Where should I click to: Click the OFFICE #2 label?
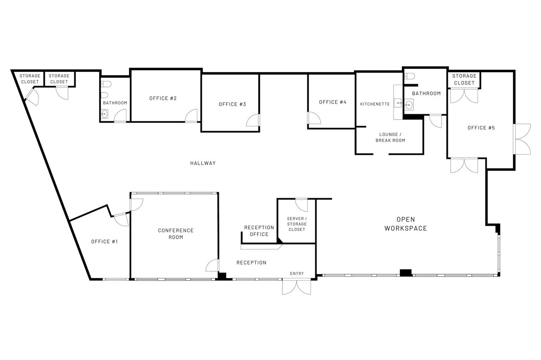[163, 98]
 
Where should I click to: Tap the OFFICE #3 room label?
[232, 104]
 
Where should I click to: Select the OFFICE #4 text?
[333, 102]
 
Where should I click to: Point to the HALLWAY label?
[203, 163]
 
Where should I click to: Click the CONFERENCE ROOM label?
[176, 234]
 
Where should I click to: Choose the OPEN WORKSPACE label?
[406, 224]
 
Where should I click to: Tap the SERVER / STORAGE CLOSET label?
[297, 224]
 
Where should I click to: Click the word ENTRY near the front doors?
[297, 273]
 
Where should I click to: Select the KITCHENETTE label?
[375, 104]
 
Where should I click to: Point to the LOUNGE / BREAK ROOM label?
[390, 137]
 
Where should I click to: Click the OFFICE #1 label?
[104, 242]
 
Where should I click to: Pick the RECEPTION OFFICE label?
[259, 231]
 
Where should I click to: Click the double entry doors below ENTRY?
[297, 287]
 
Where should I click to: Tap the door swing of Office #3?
[253, 120]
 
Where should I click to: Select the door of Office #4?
[314, 118]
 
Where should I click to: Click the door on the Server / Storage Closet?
[301, 205]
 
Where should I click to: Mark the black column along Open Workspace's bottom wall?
[406, 273]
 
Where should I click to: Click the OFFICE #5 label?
[481, 128]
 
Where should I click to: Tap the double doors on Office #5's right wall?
[522, 139]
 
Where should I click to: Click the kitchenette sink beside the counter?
[398, 103]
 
